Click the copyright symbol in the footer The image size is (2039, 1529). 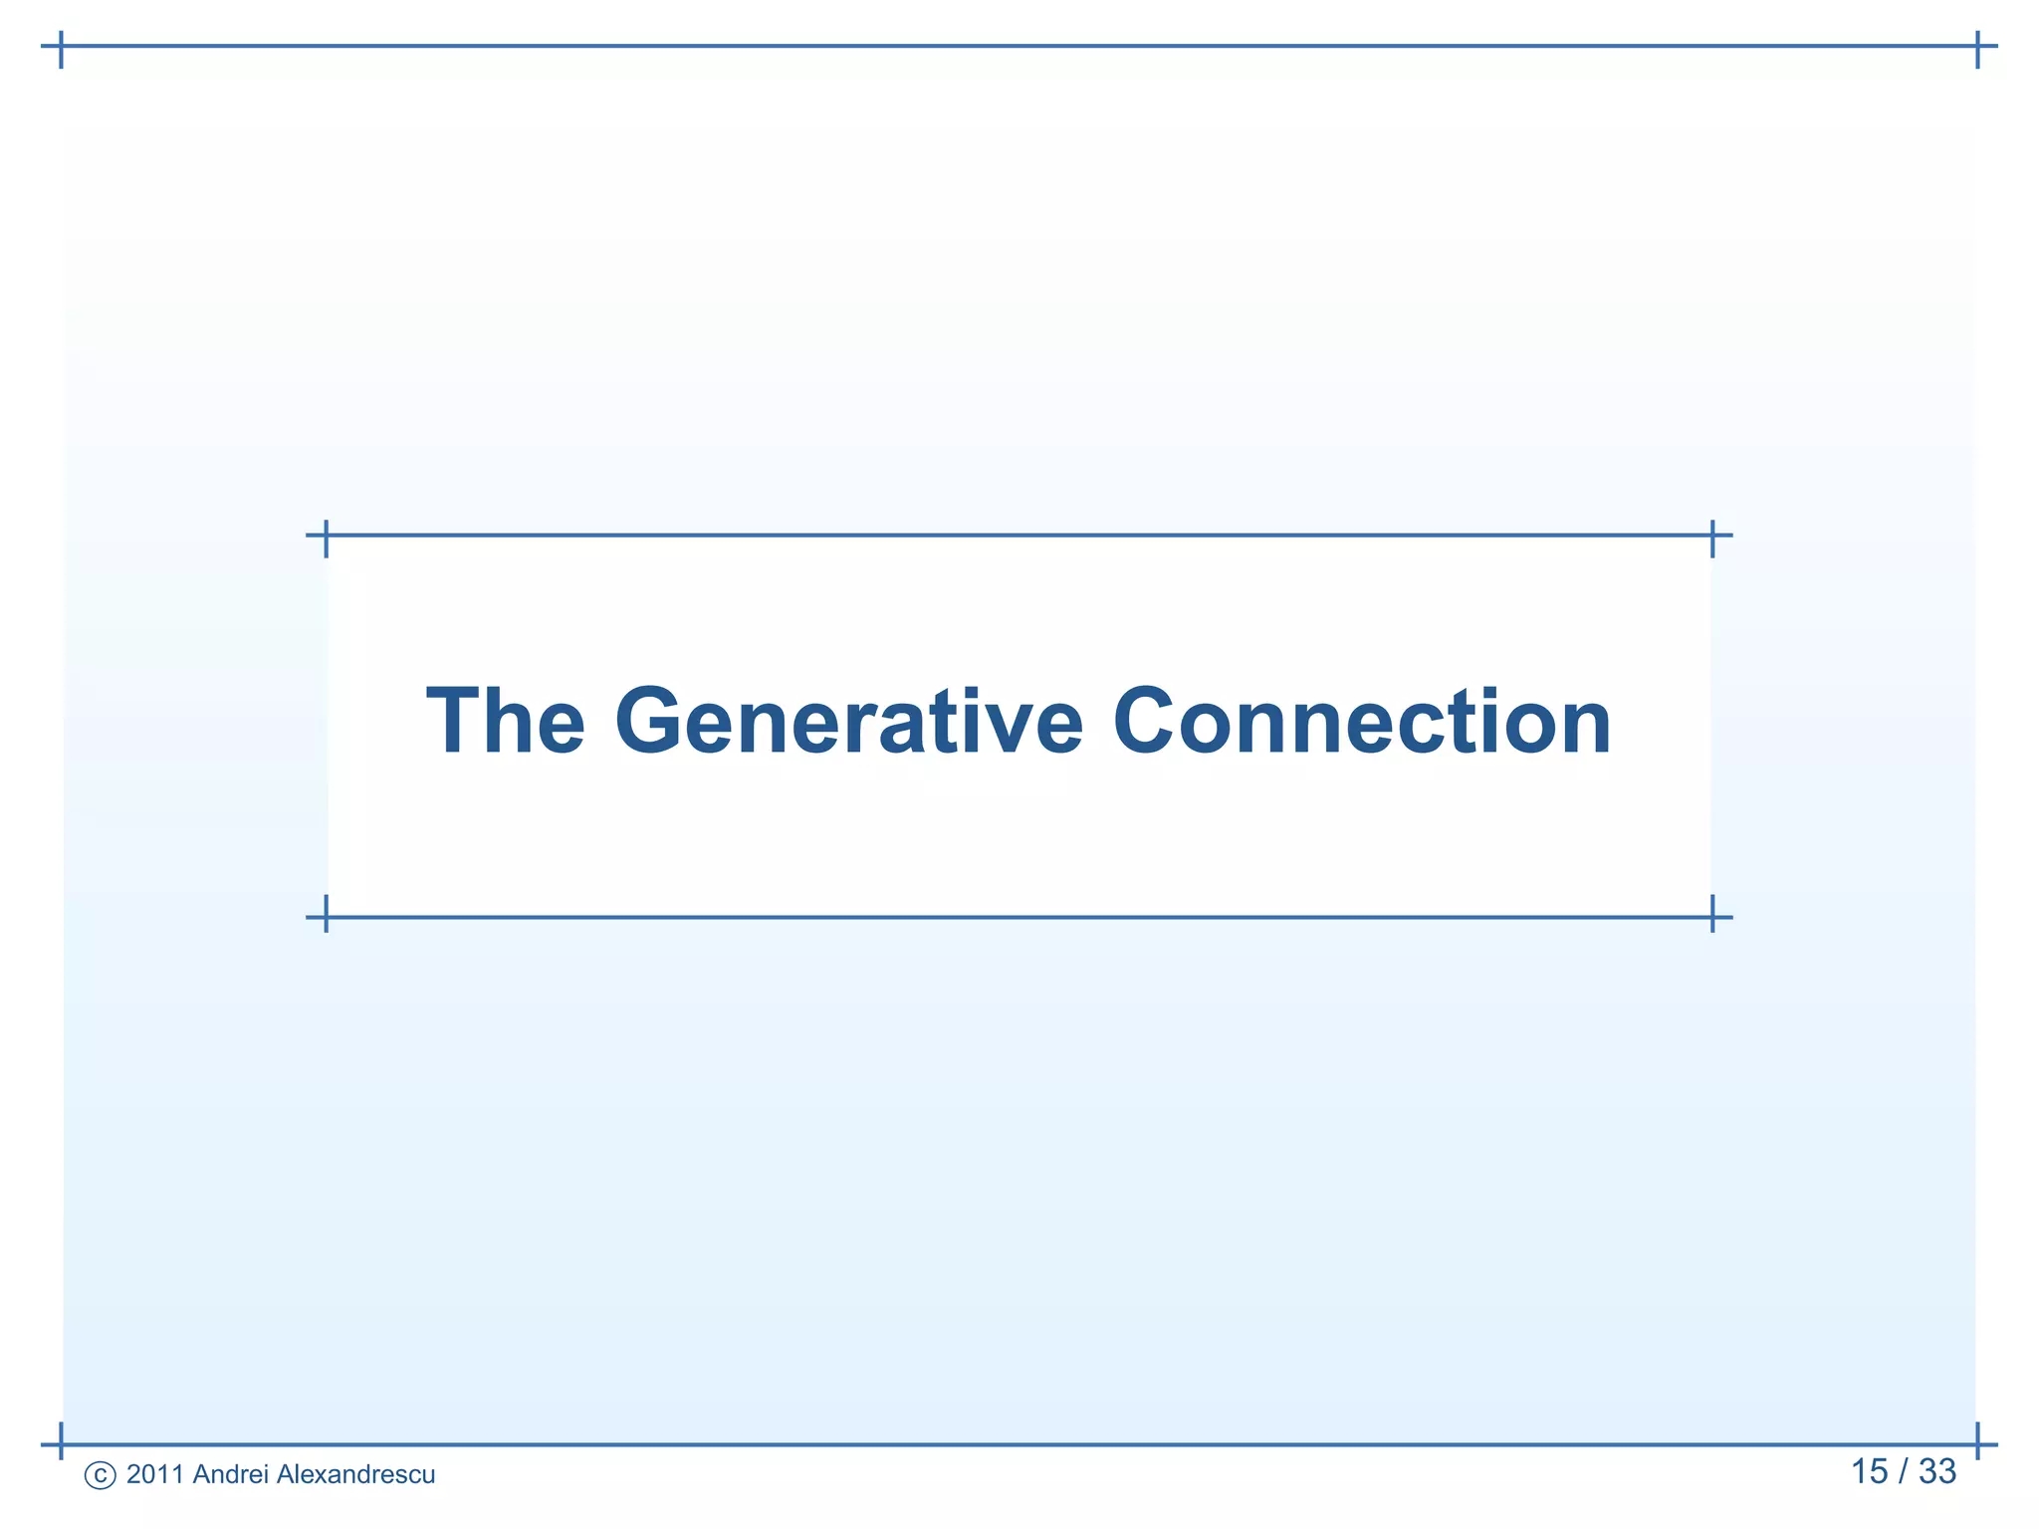pyautogui.click(x=100, y=1475)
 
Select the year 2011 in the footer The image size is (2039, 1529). pyautogui.click(x=155, y=1474)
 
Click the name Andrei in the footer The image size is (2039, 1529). pyautogui.click(x=230, y=1474)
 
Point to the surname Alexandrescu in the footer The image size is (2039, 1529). pyautogui.click(x=355, y=1474)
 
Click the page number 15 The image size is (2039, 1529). pyautogui.click(x=1869, y=1471)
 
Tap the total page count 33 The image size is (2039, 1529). pyautogui.click(x=1936, y=1471)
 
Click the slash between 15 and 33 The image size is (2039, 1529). pyautogui.click(x=1903, y=1471)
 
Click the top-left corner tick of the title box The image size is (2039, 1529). pyautogui.click(x=326, y=536)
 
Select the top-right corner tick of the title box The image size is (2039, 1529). pyautogui.click(x=1712, y=536)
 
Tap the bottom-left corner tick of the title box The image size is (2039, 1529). pyautogui.click(x=326, y=917)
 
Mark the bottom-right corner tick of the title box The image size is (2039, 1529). pyautogui.click(x=1712, y=917)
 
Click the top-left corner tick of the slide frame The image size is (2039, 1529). pyautogui.click(x=61, y=46)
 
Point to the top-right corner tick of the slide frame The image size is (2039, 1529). pyautogui.click(x=1977, y=46)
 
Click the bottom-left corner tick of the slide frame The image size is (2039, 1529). pyautogui.click(x=61, y=1443)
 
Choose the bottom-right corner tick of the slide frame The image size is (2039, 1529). pyautogui.click(x=1977, y=1443)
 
